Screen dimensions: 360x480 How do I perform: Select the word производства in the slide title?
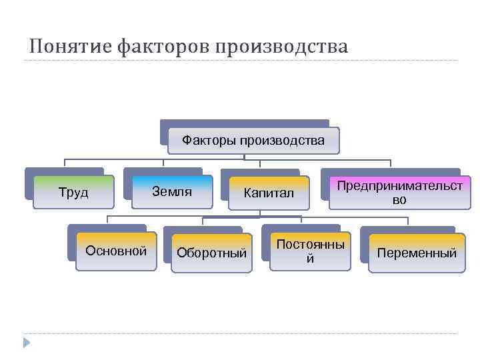(279, 47)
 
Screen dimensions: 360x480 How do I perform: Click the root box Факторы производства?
(253, 141)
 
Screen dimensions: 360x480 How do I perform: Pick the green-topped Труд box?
(73, 193)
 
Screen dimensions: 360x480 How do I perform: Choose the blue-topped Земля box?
(172, 192)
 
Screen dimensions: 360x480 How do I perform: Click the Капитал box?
(269, 193)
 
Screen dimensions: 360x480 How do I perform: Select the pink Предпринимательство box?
(399, 193)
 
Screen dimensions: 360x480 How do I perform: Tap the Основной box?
(116, 251)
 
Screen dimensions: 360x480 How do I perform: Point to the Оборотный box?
(212, 253)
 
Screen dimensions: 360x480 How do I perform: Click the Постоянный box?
(310, 252)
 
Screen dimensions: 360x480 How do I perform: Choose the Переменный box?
(417, 253)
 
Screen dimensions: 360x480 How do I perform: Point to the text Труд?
(73, 193)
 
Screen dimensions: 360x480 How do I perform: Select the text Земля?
(172, 192)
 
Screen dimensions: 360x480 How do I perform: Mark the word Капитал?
(269, 193)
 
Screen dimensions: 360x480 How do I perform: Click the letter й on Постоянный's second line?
(310, 259)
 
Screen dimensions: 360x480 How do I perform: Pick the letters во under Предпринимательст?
(399, 200)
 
